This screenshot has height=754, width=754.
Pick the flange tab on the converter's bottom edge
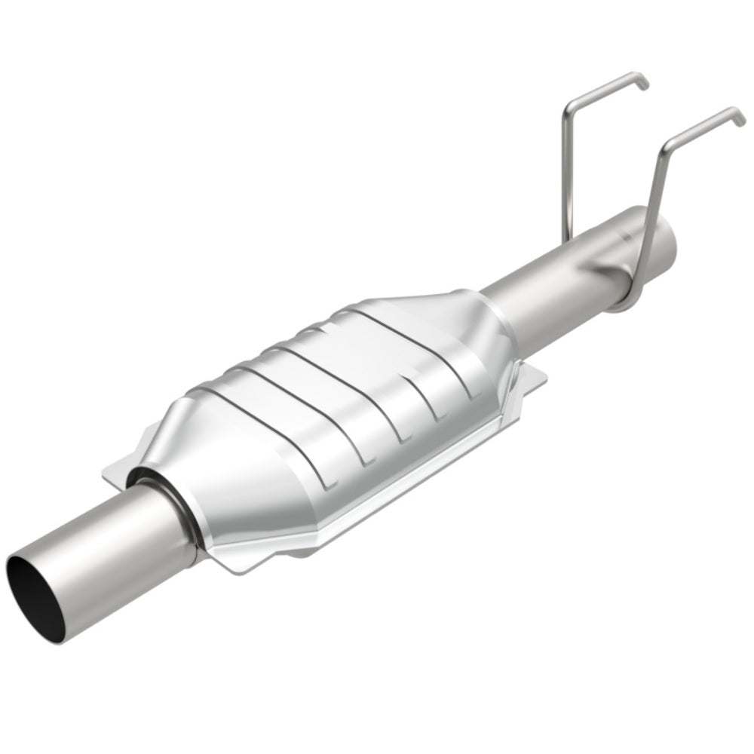[x=302, y=554]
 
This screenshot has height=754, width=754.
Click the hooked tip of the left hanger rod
[x=641, y=81]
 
